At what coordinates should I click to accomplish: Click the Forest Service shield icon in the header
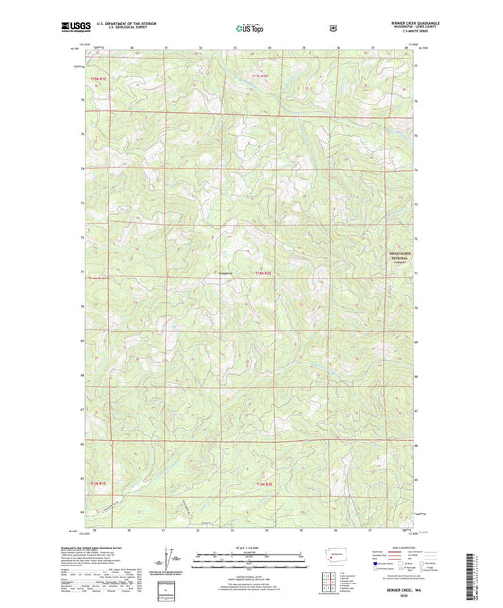(332, 28)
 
